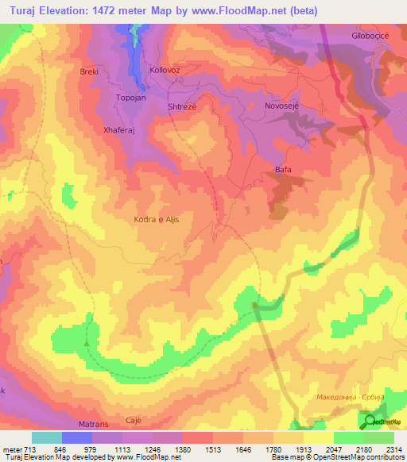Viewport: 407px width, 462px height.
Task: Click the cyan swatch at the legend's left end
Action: (46, 437)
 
